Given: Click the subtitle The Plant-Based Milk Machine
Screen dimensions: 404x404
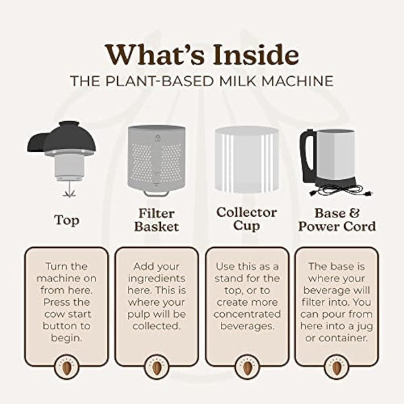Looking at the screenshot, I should click(202, 80).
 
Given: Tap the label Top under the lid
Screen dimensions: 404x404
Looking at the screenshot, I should click(66, 220).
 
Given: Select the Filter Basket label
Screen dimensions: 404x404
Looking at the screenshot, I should click(156, 219).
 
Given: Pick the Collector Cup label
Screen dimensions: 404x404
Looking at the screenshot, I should click(246, 219).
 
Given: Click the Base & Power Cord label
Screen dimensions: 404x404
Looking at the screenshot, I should click(337, 219).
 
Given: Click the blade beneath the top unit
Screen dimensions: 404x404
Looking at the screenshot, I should click(67, 191).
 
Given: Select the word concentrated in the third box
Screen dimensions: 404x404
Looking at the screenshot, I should click(246, 314).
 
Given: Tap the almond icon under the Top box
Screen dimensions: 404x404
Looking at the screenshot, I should click(66, 368).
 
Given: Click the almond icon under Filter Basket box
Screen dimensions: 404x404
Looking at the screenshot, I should click(156, 368).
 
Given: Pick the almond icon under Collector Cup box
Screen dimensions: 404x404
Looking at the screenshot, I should click(246, 368).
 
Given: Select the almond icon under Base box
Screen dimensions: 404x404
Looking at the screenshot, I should click(337, 368).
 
